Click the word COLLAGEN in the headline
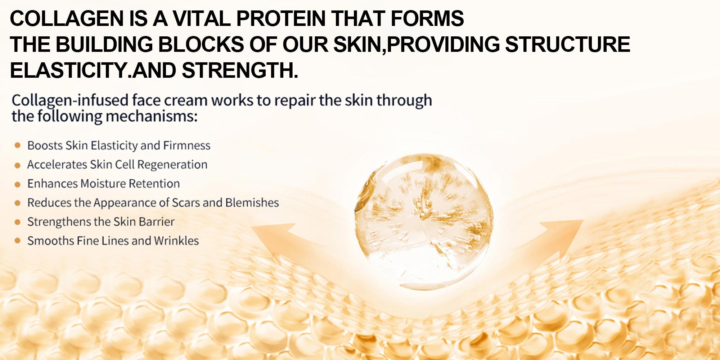coord(67,18)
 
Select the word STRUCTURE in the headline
coord(568,44)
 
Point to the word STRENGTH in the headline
coord(240,70)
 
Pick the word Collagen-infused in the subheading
coord(70,100)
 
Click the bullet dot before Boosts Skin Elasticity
coord(17,145)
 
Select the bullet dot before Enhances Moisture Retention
coord(17,184)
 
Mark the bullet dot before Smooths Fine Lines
coord(17,241)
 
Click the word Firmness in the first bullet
coord(187,145)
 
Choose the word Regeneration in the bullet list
coord(172,165)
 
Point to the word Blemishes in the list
coord(252,203)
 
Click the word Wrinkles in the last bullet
coord(176,241)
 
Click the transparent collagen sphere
coord(423,221)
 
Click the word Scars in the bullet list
coord(186,203)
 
